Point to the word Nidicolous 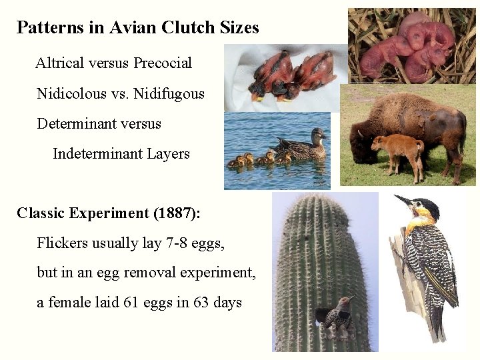point(71,93)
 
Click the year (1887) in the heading point(173,213)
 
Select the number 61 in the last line point(131,303)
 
